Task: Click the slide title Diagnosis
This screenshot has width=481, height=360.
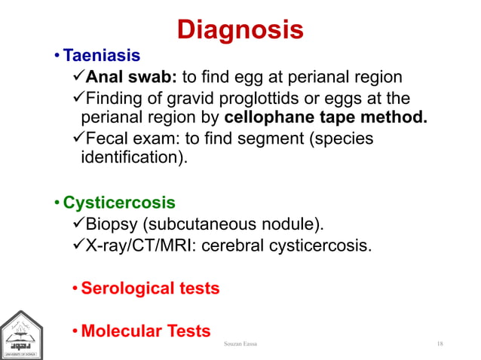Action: (240, 29)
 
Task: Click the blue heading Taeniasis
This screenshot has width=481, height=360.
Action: (101, 56)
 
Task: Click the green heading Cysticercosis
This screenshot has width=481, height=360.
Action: (118, 203)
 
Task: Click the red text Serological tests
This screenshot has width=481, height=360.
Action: (150, 288)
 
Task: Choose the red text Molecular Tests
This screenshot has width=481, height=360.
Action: (146, 331)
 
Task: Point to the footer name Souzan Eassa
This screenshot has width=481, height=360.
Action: (240, 344)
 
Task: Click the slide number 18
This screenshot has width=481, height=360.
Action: (440, 344)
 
